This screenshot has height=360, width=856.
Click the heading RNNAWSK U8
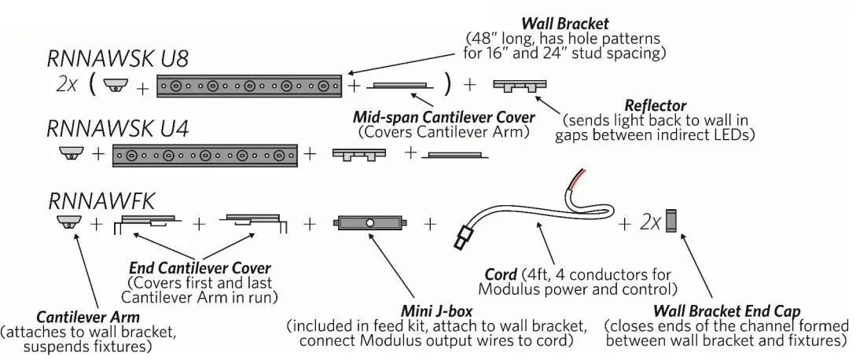click(117, 60)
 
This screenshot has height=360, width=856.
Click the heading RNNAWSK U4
click(117, 128)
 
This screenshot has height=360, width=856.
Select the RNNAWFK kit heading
click(100, 201)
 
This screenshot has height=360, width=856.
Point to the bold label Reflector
click(656, 105)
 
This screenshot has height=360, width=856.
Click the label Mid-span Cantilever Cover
click(443, 117)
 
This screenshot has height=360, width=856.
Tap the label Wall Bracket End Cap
click(727, 311)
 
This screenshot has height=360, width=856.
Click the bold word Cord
click(500, 274)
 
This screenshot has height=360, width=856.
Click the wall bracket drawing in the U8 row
click(249, 86)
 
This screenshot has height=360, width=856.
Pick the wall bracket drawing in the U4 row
click(205, 156)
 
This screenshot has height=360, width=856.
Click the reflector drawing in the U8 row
click(520, 86)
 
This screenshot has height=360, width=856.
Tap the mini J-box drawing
click(369, 223)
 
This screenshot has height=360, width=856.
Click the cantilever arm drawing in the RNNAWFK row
click(70, 223)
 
